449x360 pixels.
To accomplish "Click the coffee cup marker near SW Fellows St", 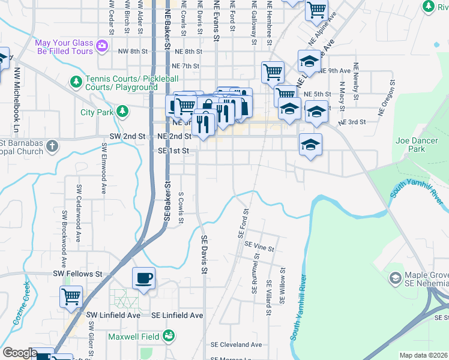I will pyautogui.click(x=143, y=278).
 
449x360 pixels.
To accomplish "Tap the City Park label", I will pyautogui.click(x=97, y=112).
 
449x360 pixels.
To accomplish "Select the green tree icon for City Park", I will pyautogui.click(x=122, y=111).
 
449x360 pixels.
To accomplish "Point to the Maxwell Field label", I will pyautogui.click(x=135, y=336).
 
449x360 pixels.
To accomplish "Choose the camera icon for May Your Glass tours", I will pyautogui.click(x=102, y=45).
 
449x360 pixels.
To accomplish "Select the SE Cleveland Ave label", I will pyautogui.click(x=236, y=345).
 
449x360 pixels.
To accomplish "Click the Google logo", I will pyautogui.click(x=19, y=353).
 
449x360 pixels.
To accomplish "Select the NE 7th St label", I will pyautogui.click(x=185, y=66).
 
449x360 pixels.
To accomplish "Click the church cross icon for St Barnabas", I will pyautogui.click(x=52, y=145).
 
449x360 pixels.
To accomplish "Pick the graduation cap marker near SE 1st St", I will pyautogui.click(x=310, y=145).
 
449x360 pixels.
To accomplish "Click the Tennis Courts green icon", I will pyautogui.click(x=76, y=81).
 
